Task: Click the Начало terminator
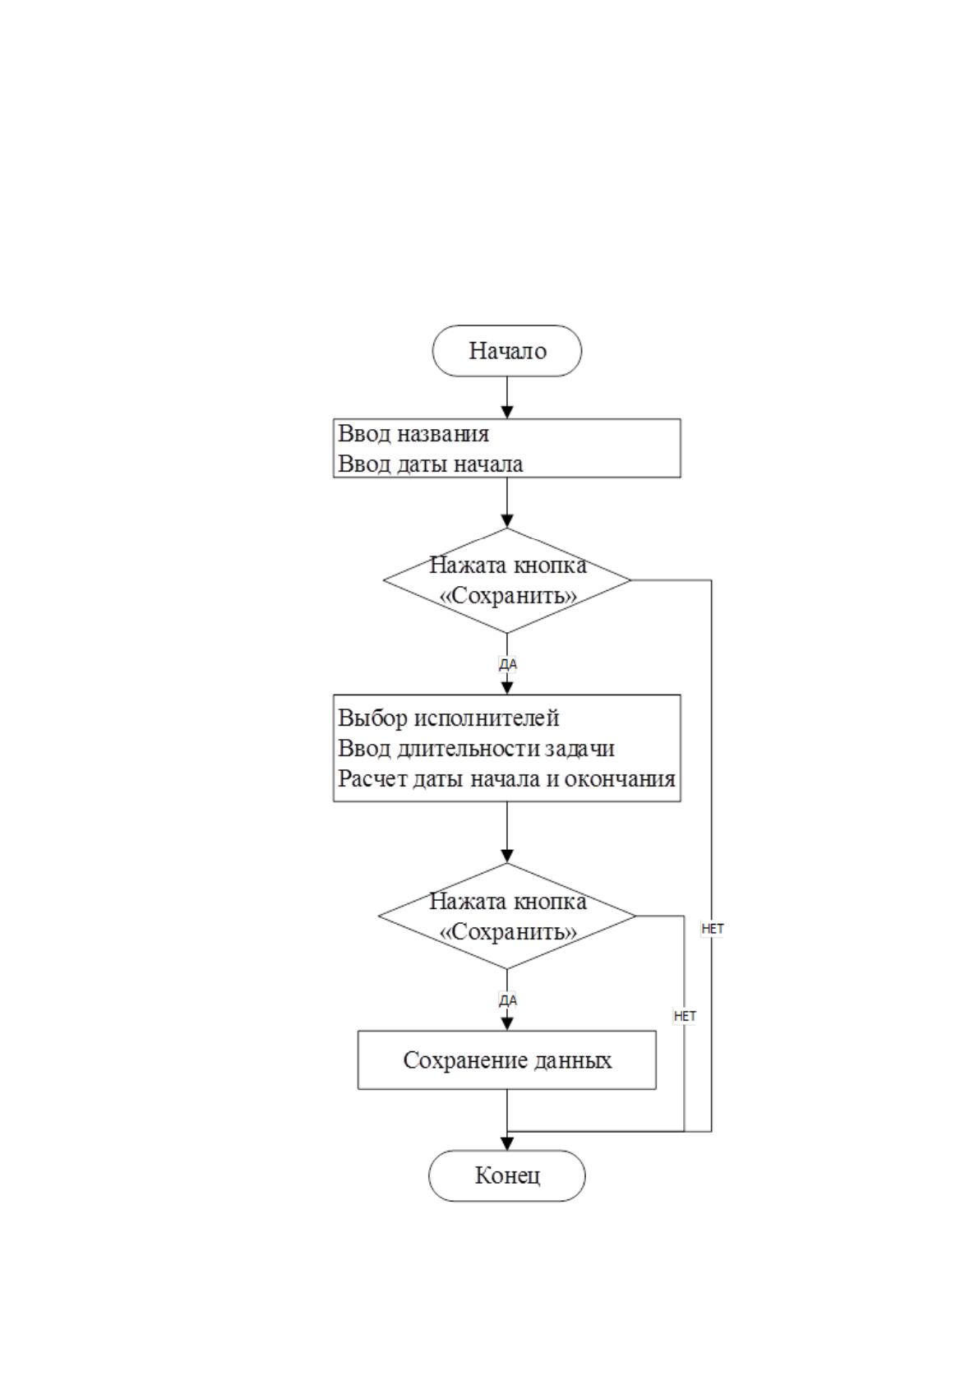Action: (506, 351)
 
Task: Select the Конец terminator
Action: (506, 1175)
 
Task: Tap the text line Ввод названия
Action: (413, 434)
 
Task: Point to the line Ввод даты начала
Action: (431, 464)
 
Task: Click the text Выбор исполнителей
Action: (448, 718)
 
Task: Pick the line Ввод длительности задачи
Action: (476, 748)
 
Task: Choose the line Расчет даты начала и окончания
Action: (506, 778)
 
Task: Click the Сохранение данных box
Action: (506, 1060)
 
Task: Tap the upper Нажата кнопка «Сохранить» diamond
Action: (506, 580)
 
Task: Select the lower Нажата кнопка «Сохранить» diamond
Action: (506, 916)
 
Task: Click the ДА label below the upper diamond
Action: (508, 664)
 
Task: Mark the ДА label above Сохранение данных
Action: (508, 1000)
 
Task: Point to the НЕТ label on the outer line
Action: (713, 928)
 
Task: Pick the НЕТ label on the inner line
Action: (685, 1016)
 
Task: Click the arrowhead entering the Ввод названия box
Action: (507, 413)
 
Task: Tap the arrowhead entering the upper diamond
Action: (507, 520)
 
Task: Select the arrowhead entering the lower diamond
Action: (507, 856)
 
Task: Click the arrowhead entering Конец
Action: (507, 1143)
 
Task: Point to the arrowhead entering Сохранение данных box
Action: (507, 1024)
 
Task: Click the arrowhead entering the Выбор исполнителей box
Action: (507, 688)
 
